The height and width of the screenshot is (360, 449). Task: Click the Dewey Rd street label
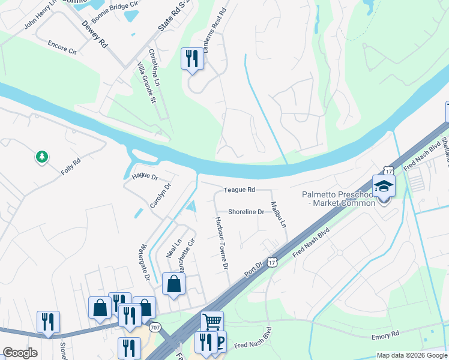pyautogui.click(x=94, y=35)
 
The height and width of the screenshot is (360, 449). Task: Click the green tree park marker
pyautogui.click(x=41, y=157)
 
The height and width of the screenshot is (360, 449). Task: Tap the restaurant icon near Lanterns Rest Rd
pyautogui.click(x=191, y=59)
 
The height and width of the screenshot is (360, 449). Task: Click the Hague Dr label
pyautogui.click(x=144, y=177)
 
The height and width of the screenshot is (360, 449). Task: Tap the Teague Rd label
pyautogui.click(x=240, y=190)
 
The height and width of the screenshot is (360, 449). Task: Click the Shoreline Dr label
pyautogui.click(x=246, y=212)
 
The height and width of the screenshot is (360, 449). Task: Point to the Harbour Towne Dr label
pyautogui.click(x=220, y=242)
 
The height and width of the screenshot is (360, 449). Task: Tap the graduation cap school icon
pyautogui.click(x=384, y=185)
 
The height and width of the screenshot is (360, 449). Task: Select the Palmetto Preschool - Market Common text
pyautogui.click(x=339, y=198)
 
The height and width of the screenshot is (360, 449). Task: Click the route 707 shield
pyautogui.click(x=155, y=327)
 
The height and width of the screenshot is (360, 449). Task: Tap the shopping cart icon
pyautogui.click(x=212, y=322)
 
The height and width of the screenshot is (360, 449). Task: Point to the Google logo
pyautogui.click(x=20, y=353)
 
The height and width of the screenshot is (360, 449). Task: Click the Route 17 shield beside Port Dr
pyautogui.click(x=273, y=262)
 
